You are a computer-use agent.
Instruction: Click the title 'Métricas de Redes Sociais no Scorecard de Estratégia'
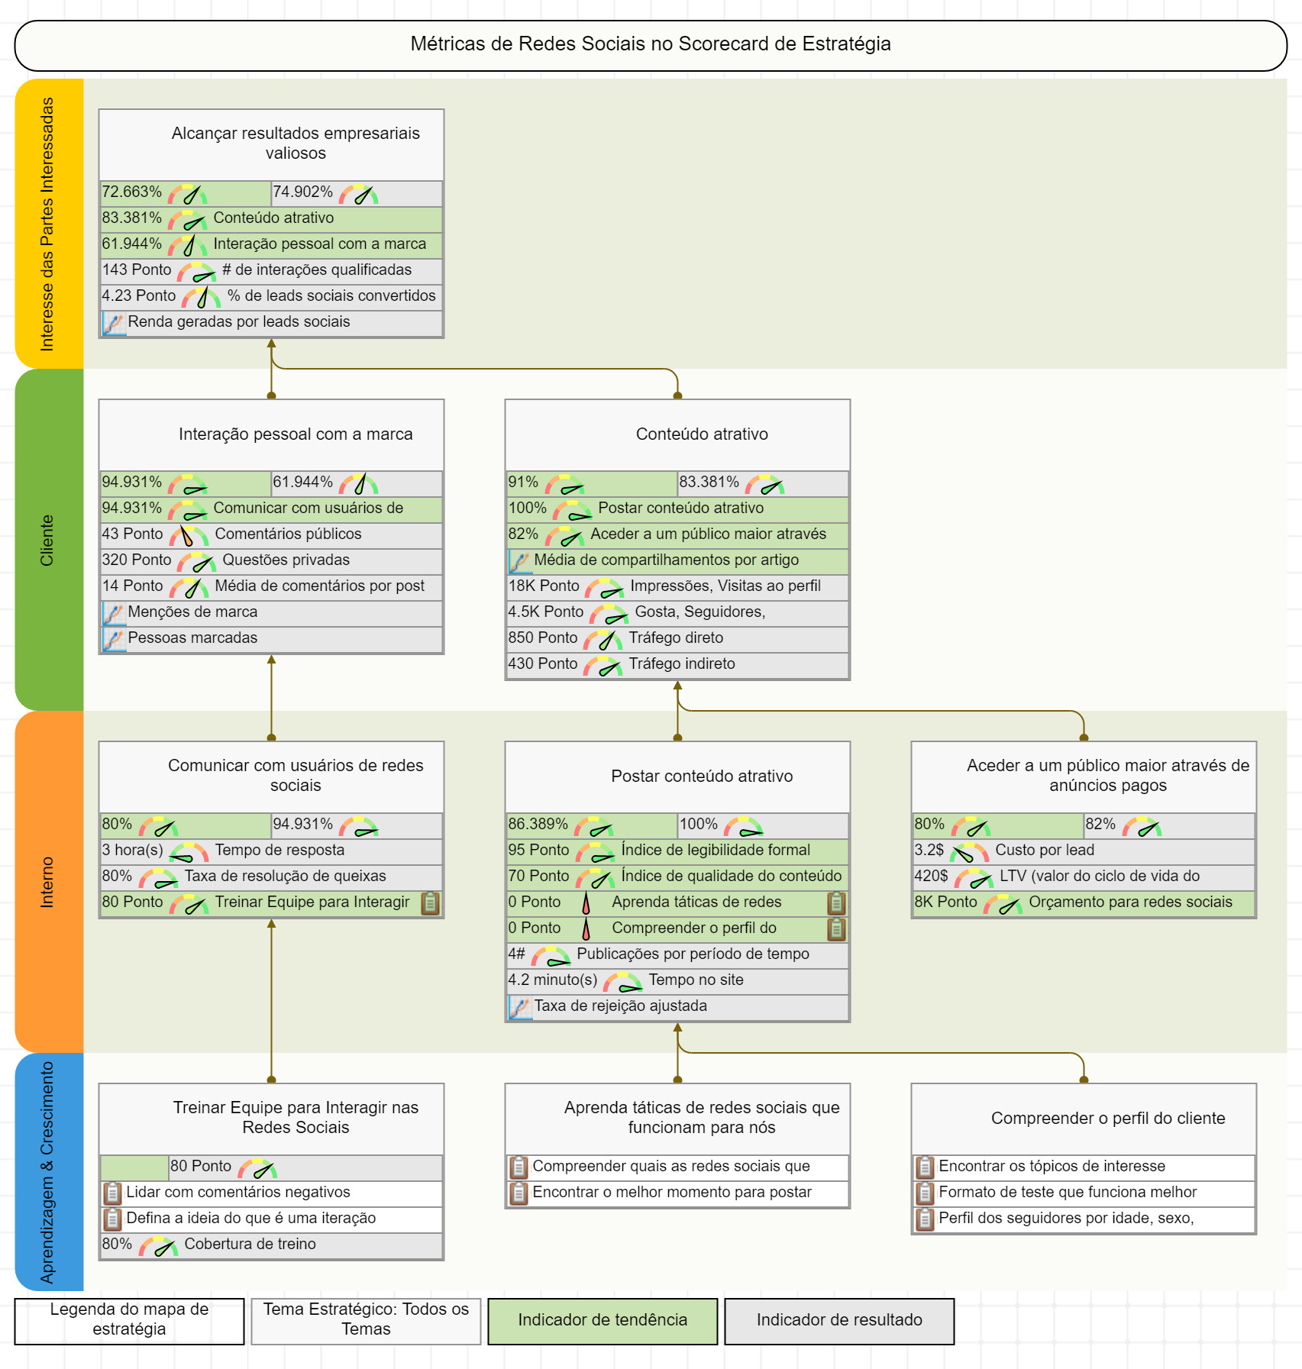click(x=651, y=44)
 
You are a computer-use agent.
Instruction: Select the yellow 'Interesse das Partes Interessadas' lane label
click(x=48, y=224)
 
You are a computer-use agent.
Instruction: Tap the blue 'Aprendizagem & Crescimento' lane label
click(x=48, y=1172)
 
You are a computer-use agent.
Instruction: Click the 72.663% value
click(x=132, y=192)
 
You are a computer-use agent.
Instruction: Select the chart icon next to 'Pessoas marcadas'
click(x=114, y=639)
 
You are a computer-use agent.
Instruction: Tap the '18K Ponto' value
click(x=544, y=586)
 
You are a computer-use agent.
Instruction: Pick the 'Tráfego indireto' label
click(x=682, y=664)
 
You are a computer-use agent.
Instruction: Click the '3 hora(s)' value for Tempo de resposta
click(x=133, y=851)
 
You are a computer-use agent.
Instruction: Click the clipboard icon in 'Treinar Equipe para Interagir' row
click(x=431, y=903)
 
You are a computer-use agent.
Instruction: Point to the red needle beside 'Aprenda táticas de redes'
click(x=586, y=903)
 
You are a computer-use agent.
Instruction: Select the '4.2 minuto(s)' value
click(x=553, y=980)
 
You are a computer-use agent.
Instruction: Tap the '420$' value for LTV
click(x=931, y=877)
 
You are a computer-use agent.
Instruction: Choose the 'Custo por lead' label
click(x=1045, y=851)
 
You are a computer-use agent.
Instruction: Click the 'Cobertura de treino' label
click(x=250, y=1245)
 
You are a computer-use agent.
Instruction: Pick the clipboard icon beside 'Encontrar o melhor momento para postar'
click(x=519, y=1193)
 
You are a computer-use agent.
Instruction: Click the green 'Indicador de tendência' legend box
click(x=603, y=1321)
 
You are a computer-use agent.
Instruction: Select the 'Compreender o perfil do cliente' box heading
click(x=1108, y=1119)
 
